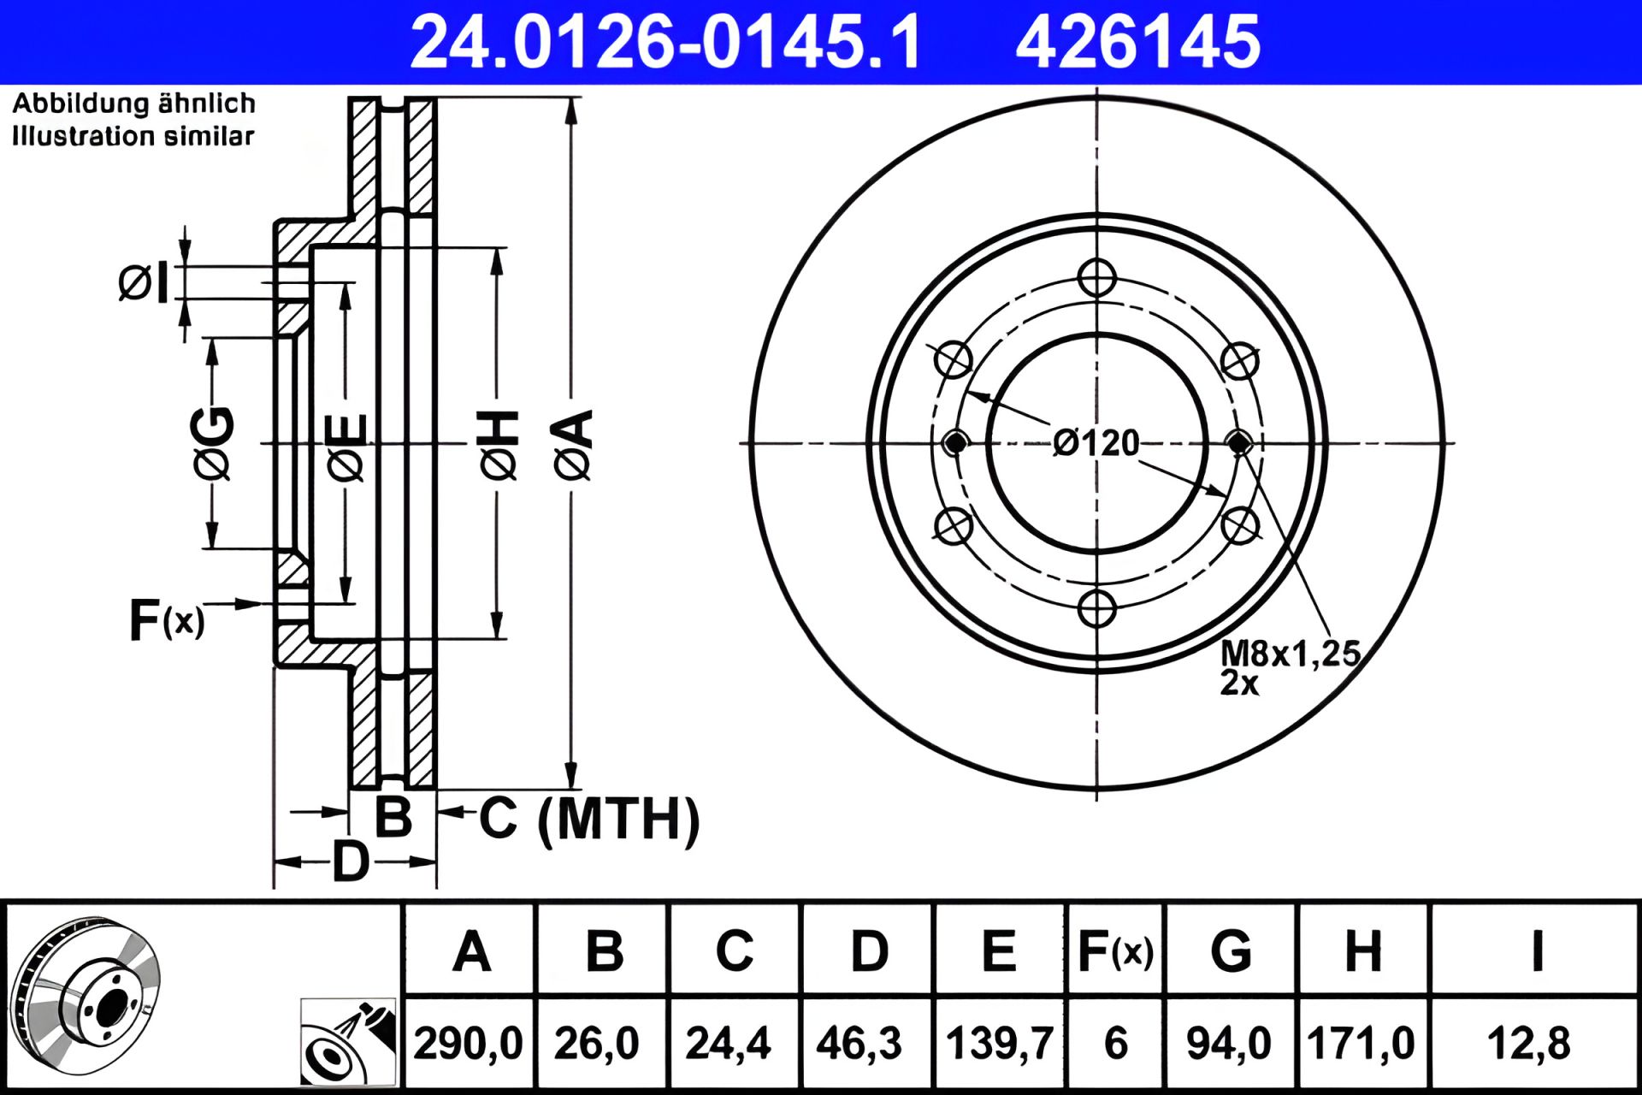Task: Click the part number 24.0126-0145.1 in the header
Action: tap(665, 42)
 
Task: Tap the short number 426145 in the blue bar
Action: tap(1137, 42)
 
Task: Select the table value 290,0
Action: tap(468, 1044)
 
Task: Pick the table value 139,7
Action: tap(999, 1044)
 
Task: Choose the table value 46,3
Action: tap(859, 1044)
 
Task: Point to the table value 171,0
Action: tap(1361, 1044)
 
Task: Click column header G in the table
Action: tap(1231, 950)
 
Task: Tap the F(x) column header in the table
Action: tap(1115, 950)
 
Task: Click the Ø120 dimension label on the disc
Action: tap(1096, 443)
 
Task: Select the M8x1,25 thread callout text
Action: tap(1290, 654)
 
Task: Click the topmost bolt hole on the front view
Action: tap(1096, 278)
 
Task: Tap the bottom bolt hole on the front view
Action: tap(1096, 608)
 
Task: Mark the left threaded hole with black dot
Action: tap(954, 443)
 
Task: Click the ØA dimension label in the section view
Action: tap(575, 445)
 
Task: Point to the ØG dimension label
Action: tap(212, 443)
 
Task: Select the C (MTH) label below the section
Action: tap(588, 820)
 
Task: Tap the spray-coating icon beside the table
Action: tap(348, 1040)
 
